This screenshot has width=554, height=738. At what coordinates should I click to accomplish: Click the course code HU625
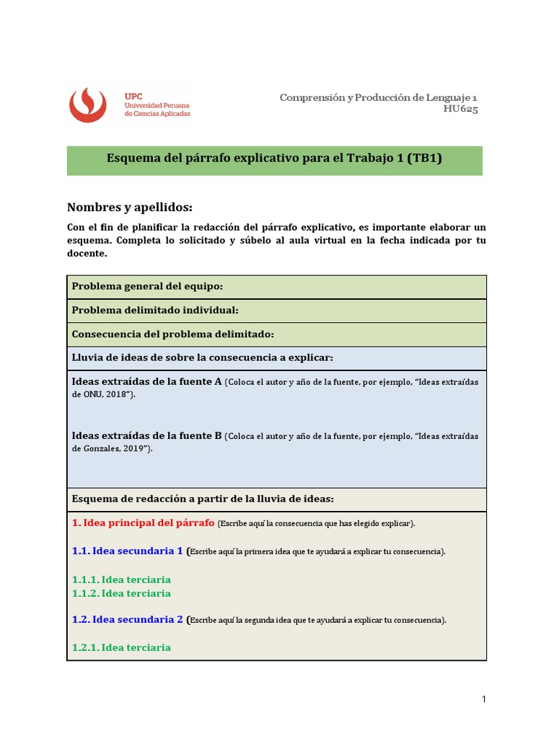tap(460, 110)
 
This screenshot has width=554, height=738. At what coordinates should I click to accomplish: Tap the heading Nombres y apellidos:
tap(130, 208)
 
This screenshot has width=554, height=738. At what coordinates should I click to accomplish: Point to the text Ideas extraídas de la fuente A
tap(146, 381)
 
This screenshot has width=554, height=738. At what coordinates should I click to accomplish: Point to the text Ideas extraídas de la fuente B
tap(146, 435)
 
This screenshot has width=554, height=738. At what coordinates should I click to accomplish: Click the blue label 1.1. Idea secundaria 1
tap(128, 551)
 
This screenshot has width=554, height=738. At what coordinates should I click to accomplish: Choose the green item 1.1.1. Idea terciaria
tap(121, 579)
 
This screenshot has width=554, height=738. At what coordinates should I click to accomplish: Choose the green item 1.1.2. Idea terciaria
tap(121, 593)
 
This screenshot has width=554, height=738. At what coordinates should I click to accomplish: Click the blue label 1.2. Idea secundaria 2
tap(128, 619)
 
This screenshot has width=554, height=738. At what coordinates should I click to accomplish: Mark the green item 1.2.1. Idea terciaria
tap(121, 647)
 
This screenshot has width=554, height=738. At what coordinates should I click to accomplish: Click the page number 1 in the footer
tap(484, 699)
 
